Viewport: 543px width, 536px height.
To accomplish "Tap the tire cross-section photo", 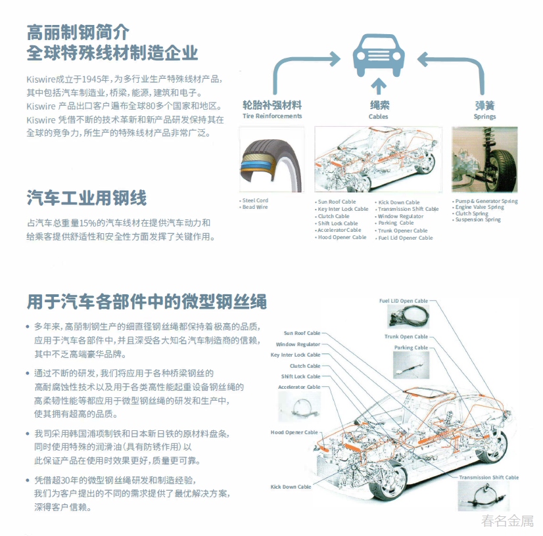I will pos(271,160).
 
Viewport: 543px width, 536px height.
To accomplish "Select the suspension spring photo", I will pos(484,160).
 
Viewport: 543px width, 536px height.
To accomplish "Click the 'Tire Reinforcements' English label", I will pos(272,116).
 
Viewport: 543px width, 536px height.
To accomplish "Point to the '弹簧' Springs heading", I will pos(484,105).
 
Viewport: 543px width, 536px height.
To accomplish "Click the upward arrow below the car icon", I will pos(378,86).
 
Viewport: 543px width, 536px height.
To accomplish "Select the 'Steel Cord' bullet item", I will pos(255,200).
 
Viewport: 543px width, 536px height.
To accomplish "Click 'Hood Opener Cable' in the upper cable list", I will pos(342,237).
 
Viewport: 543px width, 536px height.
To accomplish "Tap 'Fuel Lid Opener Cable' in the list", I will pos(406,238).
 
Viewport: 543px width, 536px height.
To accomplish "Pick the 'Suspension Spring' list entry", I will pos(478,219).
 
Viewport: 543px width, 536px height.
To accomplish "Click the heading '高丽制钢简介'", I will pos(78,30).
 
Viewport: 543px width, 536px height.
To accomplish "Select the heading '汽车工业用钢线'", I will pos(87,197).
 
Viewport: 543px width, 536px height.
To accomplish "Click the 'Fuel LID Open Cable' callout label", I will pos(403,301).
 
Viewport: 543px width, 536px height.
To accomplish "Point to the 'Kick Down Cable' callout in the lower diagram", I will pos(291,487).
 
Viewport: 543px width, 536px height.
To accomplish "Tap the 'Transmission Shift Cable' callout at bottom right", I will pos(488,478).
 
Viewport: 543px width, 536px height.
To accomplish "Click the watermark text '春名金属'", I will pos(507,522).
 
